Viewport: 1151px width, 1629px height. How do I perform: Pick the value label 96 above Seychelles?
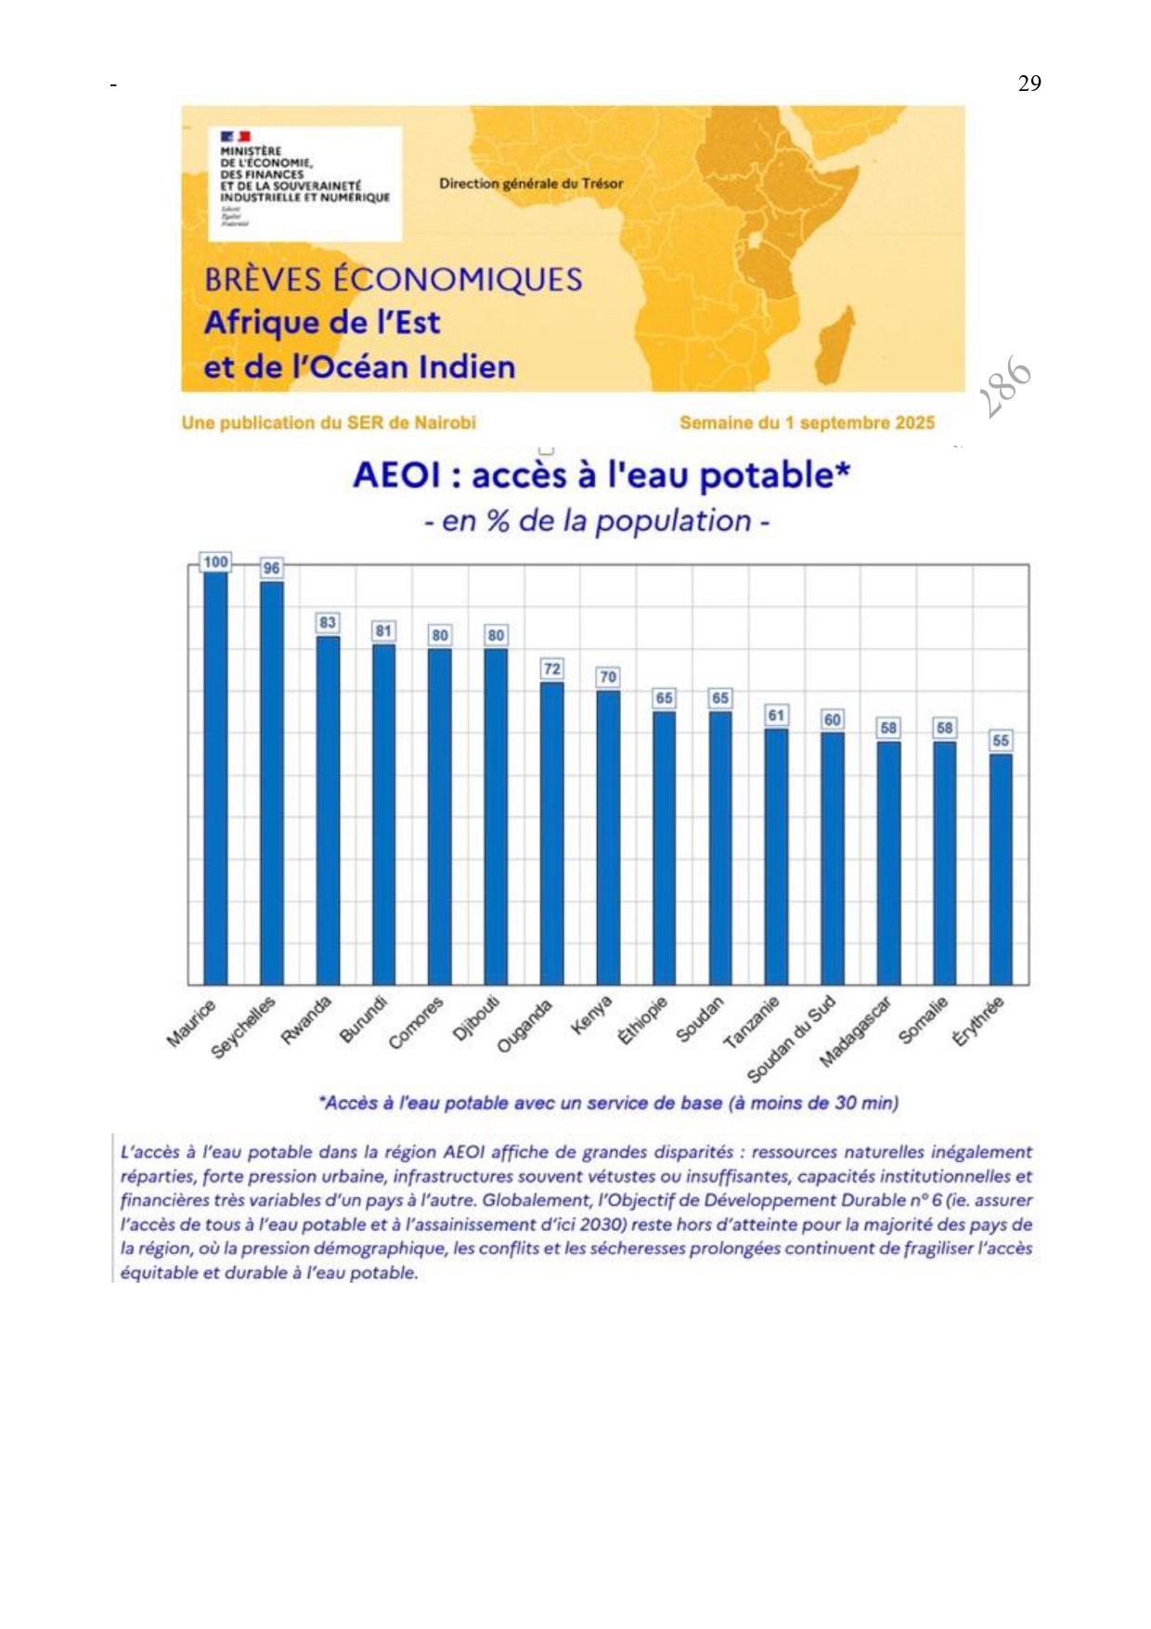[271, 568]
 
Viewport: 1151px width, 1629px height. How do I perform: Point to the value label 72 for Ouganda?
[552, 669]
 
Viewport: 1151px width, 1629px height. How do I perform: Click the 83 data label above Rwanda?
[328, 623]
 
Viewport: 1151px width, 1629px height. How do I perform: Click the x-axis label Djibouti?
[476, 1019]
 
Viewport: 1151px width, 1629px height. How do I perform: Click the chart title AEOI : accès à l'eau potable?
[601, 475]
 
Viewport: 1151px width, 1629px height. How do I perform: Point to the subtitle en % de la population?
[597, 521]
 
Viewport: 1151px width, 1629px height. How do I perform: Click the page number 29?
[1029, 84]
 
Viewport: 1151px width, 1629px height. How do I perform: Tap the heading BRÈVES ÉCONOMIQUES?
[393, 279]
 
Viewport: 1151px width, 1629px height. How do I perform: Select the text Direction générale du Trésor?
[531, 184]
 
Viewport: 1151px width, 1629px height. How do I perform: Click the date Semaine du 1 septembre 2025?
[807, 423]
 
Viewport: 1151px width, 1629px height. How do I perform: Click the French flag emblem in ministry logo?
[235, 137]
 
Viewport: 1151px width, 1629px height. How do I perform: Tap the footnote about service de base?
[608, 1103]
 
